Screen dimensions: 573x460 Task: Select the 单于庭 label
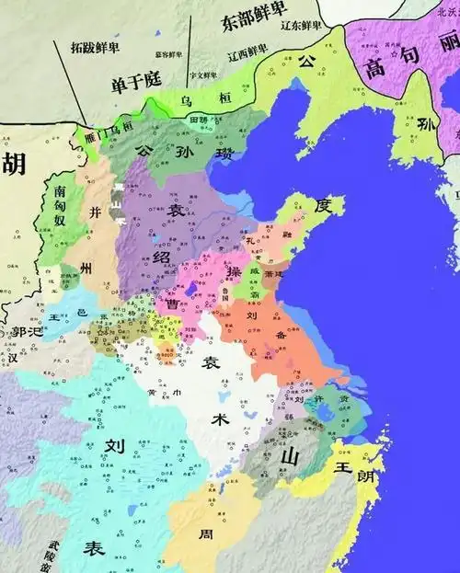[134, 81]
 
